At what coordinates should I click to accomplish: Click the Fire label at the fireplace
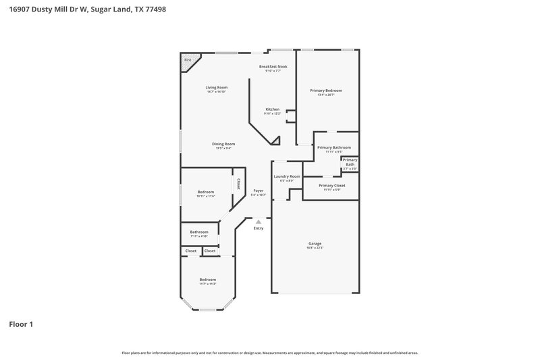[188, 60]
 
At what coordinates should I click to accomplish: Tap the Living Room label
[217, 87]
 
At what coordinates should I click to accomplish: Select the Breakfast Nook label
[273, 66]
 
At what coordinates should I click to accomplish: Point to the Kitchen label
[272, 109]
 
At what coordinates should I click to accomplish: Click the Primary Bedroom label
[326, 91]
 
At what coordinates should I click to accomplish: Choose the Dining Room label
[223, 144]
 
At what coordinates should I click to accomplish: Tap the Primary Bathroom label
[334, 147]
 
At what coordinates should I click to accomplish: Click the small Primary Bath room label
[350, 162]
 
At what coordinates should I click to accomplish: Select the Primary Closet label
[331, 185]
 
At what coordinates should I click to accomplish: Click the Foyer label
[259, 190]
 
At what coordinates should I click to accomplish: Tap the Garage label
[315, 243]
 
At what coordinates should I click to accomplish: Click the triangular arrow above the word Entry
[258, 221]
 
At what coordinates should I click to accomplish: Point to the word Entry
[259, 228]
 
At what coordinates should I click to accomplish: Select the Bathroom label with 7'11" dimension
[199, 232]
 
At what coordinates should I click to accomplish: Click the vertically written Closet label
[238, 184]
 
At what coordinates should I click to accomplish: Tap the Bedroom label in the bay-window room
[207, 280]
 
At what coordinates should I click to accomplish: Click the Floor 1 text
[21, 324]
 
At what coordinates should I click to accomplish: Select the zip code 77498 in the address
[153, 9]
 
